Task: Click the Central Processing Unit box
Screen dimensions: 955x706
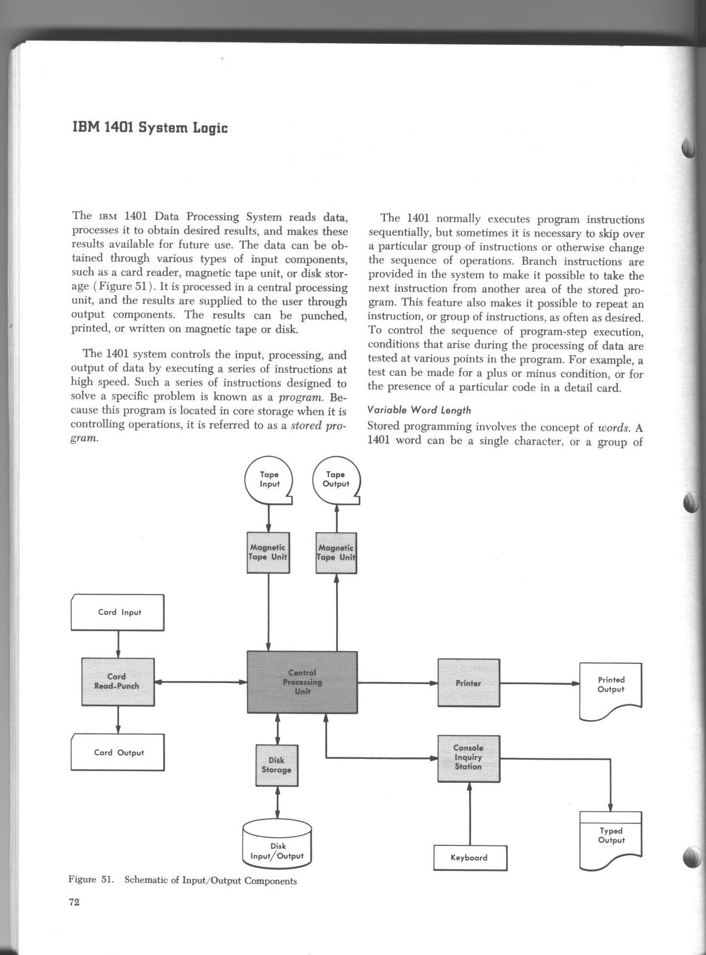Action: (x=302, y=682)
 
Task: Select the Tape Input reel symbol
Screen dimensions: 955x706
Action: (x=269, y=479)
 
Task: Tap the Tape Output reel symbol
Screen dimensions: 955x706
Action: (x=336, y=479)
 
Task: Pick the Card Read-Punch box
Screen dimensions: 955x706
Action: (x=117, y=682)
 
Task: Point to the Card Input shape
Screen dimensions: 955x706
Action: (x=117, y=612)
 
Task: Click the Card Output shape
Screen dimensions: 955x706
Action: (x=117, y=752)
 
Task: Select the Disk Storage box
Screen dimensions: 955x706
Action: (x=276, y=765)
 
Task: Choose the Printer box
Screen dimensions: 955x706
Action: (x=468, y=683)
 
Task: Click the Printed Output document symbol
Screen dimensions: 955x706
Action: (x=611, y=689)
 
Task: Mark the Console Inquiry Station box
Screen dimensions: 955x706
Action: (x=468, y=758)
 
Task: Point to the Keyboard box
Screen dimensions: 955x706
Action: (x=470, y=858)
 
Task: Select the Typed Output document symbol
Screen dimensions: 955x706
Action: (x=611, y=839)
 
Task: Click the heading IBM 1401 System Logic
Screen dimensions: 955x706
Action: (x=150, y=128)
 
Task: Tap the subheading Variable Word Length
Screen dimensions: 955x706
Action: (x=419, y=410)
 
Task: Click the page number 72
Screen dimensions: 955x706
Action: (x=74, y=902)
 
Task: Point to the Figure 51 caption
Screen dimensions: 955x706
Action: (x=183, y=880)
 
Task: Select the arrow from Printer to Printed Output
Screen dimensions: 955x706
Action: (x=539, y=683)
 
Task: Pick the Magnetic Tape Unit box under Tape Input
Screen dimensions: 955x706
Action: (x=268, y=553)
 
